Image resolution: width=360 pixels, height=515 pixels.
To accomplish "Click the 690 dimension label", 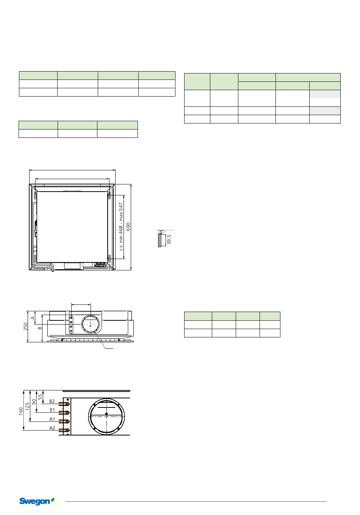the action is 128,227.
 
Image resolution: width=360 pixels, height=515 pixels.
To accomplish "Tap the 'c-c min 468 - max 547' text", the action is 121,226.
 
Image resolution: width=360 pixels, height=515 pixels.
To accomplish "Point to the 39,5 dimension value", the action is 169,239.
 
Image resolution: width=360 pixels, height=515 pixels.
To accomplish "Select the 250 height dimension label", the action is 25,326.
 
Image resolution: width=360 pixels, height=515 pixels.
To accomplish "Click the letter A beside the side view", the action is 33,318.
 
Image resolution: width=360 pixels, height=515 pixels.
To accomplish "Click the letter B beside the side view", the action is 40,328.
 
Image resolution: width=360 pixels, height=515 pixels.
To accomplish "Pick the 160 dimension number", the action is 21,411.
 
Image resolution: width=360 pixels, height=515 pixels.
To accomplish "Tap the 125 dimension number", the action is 28,406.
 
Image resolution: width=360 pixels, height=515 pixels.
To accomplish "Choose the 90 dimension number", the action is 34,402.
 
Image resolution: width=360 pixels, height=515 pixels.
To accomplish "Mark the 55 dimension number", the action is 41,397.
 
